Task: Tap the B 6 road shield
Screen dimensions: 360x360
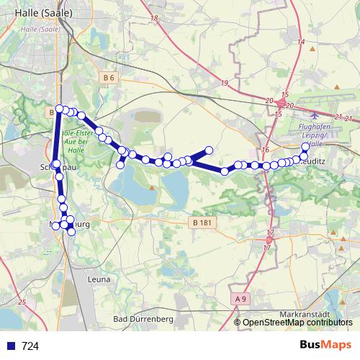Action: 109,77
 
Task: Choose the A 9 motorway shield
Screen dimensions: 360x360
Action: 240,297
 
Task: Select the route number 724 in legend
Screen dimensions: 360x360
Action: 30,346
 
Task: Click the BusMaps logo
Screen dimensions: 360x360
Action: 325,344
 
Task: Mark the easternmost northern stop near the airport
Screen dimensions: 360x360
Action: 305,146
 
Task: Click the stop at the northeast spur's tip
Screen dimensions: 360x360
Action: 210,150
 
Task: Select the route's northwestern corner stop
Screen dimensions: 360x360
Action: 59,109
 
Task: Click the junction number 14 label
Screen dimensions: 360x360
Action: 301,42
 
